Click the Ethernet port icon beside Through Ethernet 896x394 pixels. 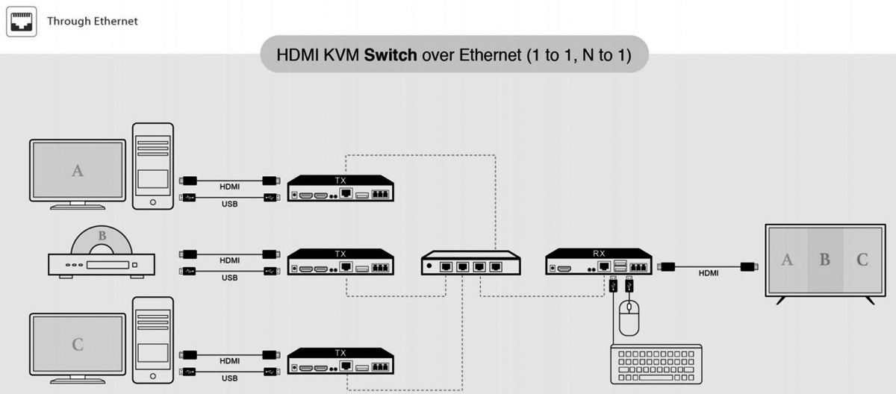[22, 22]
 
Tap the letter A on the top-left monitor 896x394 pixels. [77, 171]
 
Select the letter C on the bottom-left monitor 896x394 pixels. [77, 344]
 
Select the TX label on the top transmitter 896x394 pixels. [341, 180]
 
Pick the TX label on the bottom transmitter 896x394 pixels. [341, 353]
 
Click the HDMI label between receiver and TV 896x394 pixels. [709, 273]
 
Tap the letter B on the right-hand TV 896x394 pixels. [824, 260]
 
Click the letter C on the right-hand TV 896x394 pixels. [862, 260]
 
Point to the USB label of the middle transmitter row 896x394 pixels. [229, 278]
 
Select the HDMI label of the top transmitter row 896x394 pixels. [229, 187]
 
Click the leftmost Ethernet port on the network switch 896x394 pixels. [446, 266]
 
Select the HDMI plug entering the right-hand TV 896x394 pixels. [747, 266]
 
